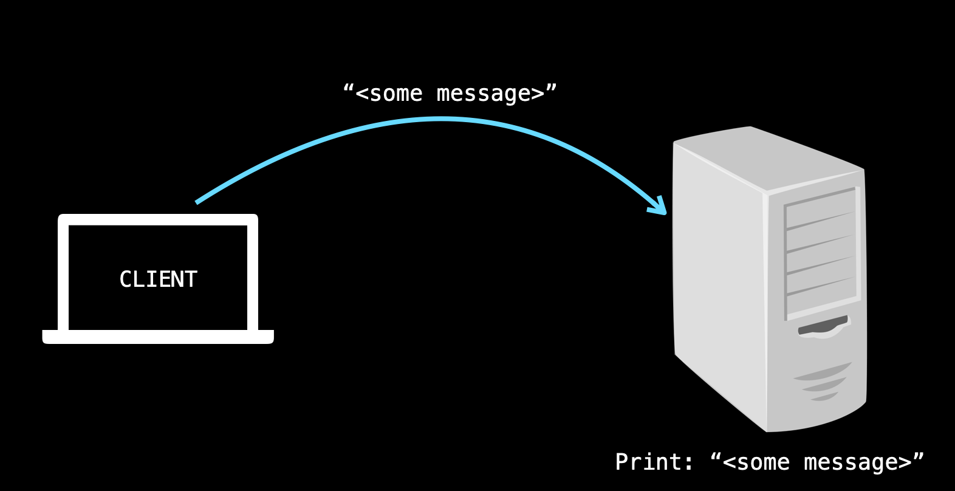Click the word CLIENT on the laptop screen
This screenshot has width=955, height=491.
point(158,280)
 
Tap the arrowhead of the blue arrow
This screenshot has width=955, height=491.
point(660,207)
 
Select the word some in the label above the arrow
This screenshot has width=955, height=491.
point(395,94)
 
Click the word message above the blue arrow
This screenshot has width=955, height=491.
point(484,94)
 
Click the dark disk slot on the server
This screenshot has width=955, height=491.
point(823,326)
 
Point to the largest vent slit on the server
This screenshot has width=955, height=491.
point(823,370)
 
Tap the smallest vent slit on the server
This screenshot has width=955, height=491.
point(824,397)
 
